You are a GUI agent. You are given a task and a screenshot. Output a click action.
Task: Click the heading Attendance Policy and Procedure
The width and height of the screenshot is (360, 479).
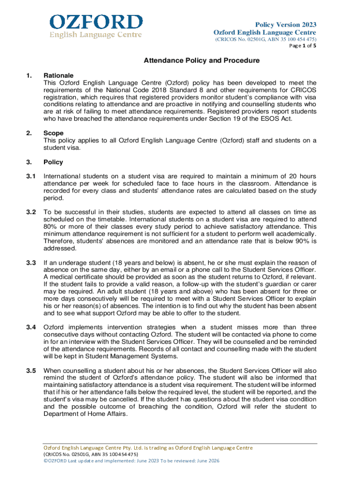click(x=201, y=60)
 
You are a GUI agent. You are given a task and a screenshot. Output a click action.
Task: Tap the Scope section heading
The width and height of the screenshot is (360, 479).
click(x=54, y=133)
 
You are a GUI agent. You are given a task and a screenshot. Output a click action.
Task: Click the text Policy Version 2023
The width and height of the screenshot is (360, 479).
click(x=285, y=24)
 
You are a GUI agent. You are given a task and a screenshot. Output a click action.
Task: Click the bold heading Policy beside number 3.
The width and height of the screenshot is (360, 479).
click(x=53, y=162)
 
